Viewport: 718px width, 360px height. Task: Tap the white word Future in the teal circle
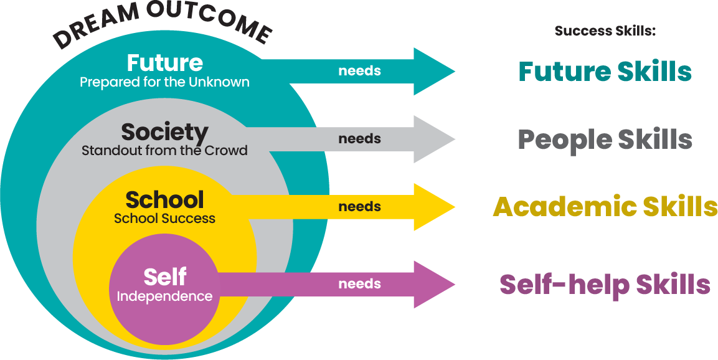click(164, 63)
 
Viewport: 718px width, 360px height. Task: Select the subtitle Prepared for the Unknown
click(164, 82)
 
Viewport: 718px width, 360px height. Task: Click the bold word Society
click(164, 132)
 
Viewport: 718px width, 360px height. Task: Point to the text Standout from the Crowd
click(164, 151)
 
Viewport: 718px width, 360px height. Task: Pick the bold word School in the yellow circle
click(164, 200)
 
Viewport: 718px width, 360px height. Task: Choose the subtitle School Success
click(164, 219)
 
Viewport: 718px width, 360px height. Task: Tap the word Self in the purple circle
click(164, 277)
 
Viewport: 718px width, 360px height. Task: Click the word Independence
click(164, 296)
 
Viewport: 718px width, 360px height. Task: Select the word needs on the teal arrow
click(359, 71)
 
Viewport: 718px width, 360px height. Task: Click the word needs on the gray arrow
click(359, 139)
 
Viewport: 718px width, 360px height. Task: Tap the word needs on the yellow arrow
click(359, 207)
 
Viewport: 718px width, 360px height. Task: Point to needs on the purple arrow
click(359, 284)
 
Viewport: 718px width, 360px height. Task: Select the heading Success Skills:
click(605, 31)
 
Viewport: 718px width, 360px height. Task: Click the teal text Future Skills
click(605, 72)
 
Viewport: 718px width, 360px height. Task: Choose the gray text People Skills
click(605, 140)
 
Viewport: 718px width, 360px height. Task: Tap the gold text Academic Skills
click(605, 207)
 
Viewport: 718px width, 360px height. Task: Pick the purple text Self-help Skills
click(605, 285)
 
